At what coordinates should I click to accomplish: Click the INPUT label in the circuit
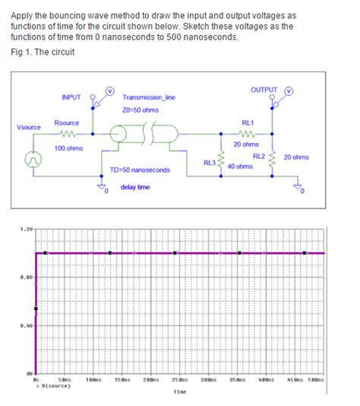coord(71,97)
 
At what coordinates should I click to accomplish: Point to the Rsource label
coord(68,122)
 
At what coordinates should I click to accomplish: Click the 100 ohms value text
coord(68,147)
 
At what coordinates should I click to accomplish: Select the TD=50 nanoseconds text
coord(141,170)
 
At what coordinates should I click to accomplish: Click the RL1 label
coord(248,122)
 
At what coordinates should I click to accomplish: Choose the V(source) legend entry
coord(53,385)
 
